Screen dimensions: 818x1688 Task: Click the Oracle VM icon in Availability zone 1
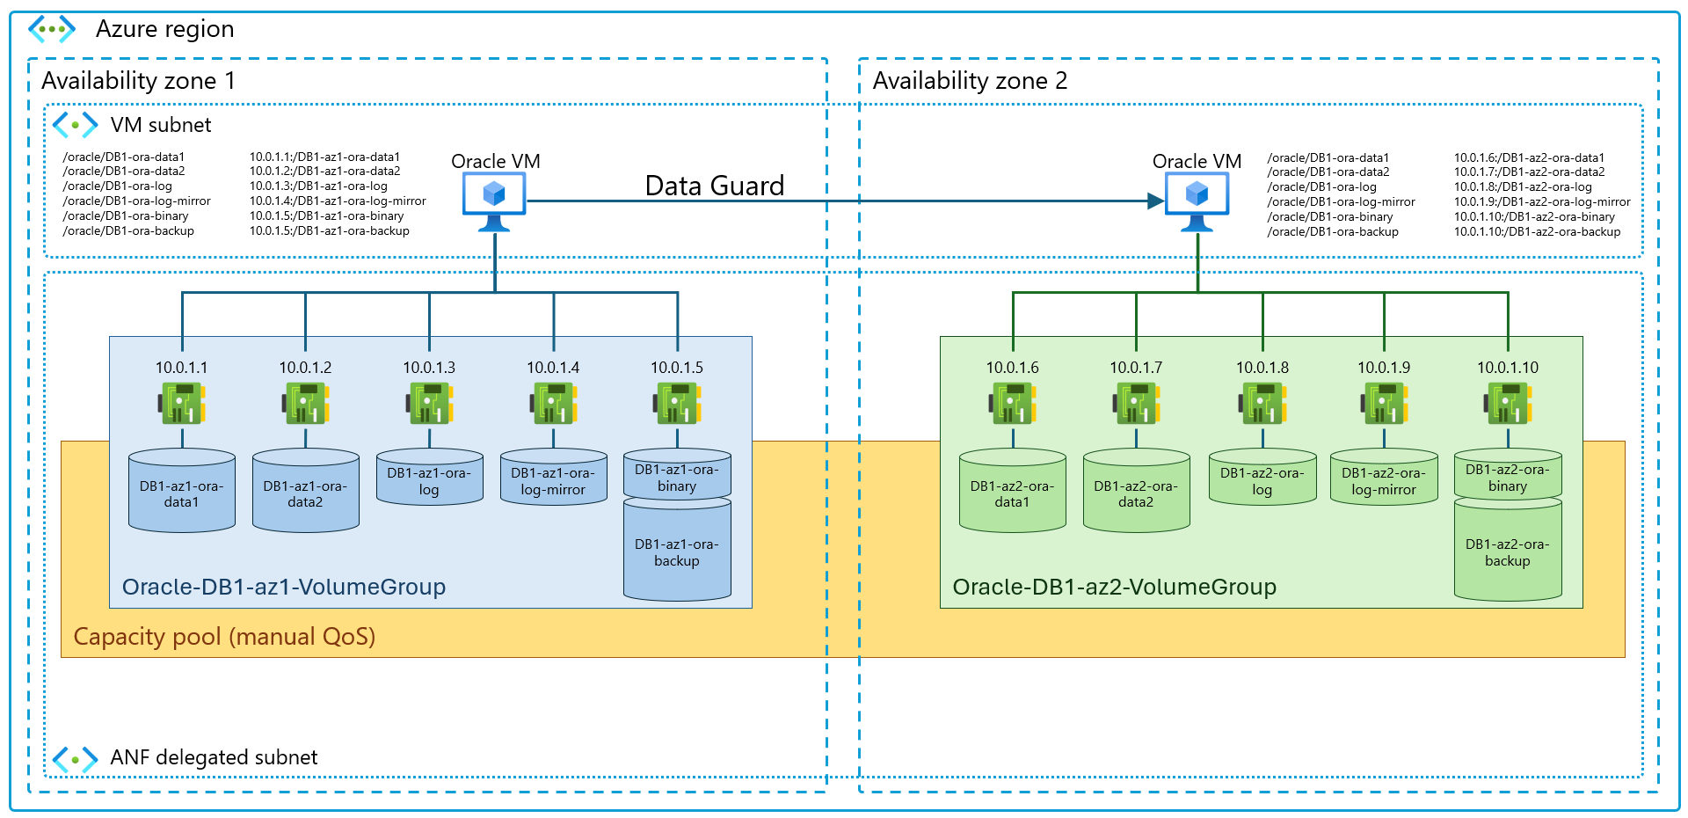[x=494, y=200]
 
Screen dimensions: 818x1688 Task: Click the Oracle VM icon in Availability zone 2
[x=1197, y=200]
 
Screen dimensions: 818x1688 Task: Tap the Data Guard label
[x=714, y=186]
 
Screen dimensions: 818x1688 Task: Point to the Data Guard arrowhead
[x=1156, y=201]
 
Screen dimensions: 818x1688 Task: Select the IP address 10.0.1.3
[x=429, y=368]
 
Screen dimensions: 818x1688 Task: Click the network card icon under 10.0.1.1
[x=182, y=404]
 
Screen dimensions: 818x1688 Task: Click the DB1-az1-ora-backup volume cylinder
[x=677, y=551]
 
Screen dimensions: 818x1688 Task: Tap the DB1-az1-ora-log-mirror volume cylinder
[x=553, y=478]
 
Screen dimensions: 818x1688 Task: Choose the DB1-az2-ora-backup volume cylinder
[x=1508, y=551]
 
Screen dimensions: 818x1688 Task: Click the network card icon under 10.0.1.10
[x=1508, y=404]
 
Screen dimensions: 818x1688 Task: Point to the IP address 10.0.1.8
[x=1262, y=368]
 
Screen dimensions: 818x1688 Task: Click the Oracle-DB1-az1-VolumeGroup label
[x=284, y=587]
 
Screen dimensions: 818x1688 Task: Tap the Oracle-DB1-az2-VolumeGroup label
[x=1114, y=587]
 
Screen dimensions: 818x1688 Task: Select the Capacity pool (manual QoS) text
[x=224, y=636]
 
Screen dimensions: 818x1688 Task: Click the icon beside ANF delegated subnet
[x=75, y=758]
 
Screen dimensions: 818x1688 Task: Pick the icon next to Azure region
[x=52, y=29]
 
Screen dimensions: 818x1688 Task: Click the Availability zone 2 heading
[x=970, y=81]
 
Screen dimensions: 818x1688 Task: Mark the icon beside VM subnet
[x=75, y=125]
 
